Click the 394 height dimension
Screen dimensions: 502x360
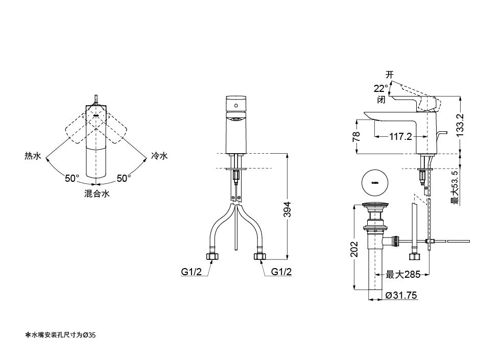pos(288,209)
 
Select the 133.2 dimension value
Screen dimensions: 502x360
pos(461,125)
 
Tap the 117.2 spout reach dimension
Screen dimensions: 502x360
pos(400,137)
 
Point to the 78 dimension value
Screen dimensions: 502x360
pos(356,136)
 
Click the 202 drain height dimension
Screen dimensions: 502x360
pos(354,249)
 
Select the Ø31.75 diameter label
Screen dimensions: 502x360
pos(401,295)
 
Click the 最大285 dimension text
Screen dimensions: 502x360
pos(403,275)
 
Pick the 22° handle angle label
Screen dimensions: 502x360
pos(380,88)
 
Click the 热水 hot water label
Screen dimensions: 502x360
pos(33,156)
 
